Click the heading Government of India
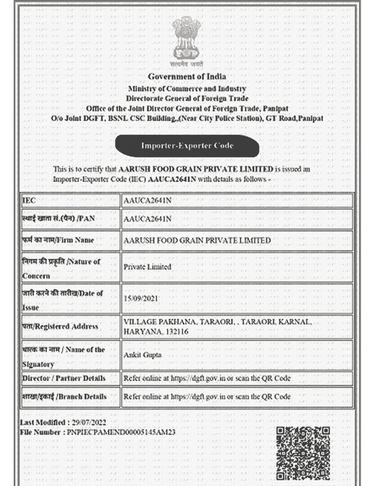tap(187, 77)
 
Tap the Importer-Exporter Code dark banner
tap(187, 146)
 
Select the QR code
tap(303, 454)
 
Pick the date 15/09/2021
tap(141, 298)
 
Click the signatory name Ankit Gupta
tap(143, 355)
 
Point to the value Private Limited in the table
tap(147, 267)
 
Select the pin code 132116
tap(177, 332)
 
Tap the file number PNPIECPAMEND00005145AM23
tap(121, 432)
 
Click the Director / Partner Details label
tap(64, 378)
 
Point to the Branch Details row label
tap(64, 396)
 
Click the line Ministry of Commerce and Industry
tap(187, 89)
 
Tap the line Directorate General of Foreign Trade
tap(187, 98)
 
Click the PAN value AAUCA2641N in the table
tap(147, 219)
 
